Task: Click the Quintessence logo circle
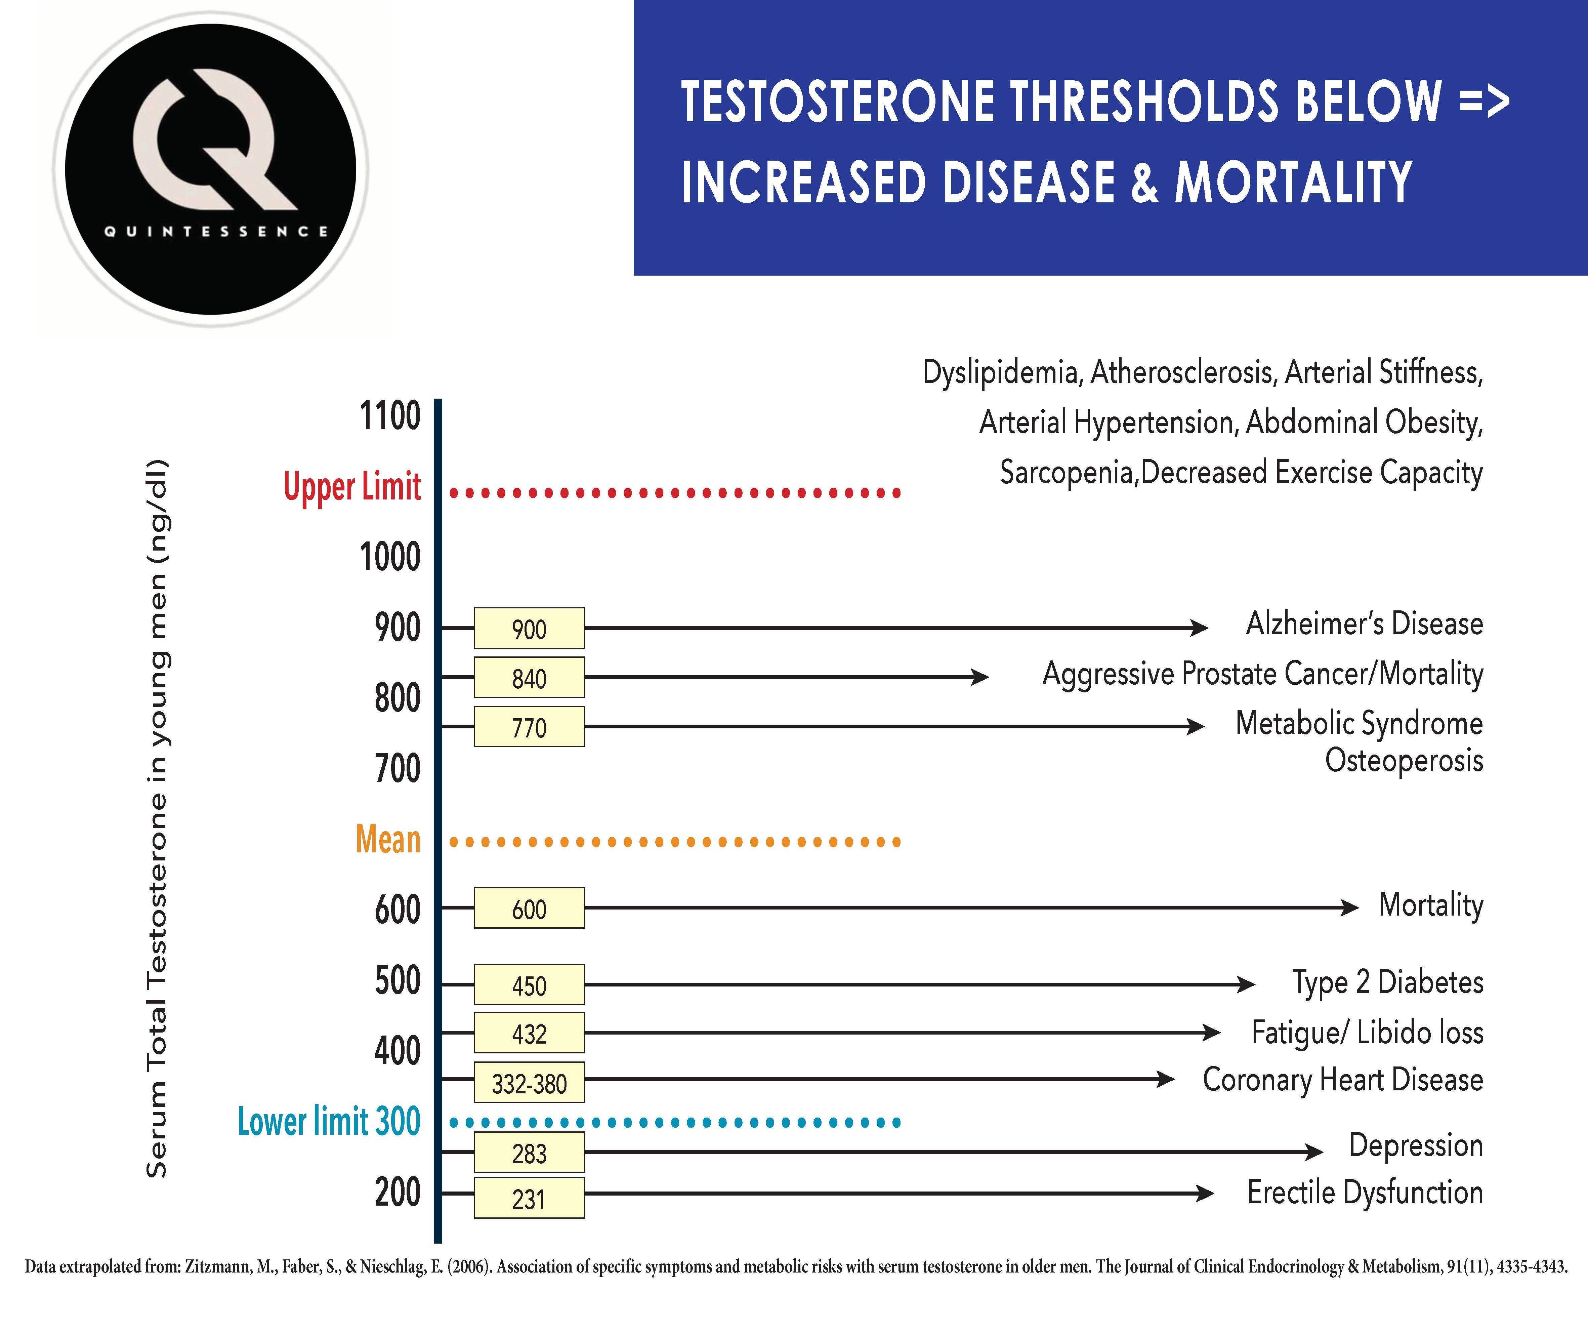210,169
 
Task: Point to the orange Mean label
388,840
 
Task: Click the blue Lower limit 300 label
329,1121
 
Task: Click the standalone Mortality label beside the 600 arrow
1431,905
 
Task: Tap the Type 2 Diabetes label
1388,982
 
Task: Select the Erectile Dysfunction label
1365,1193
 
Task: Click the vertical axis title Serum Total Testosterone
157,817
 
